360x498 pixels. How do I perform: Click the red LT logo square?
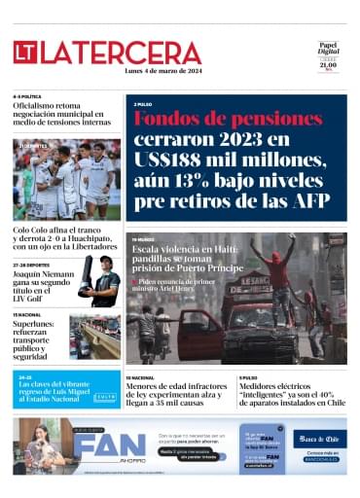pos(25,53)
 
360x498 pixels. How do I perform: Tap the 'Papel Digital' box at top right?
pos(328,55)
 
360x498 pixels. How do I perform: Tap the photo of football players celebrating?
pos(67,180)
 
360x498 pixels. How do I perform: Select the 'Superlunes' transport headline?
pos(37,337)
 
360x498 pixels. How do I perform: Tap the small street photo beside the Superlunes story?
pos(94,338)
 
